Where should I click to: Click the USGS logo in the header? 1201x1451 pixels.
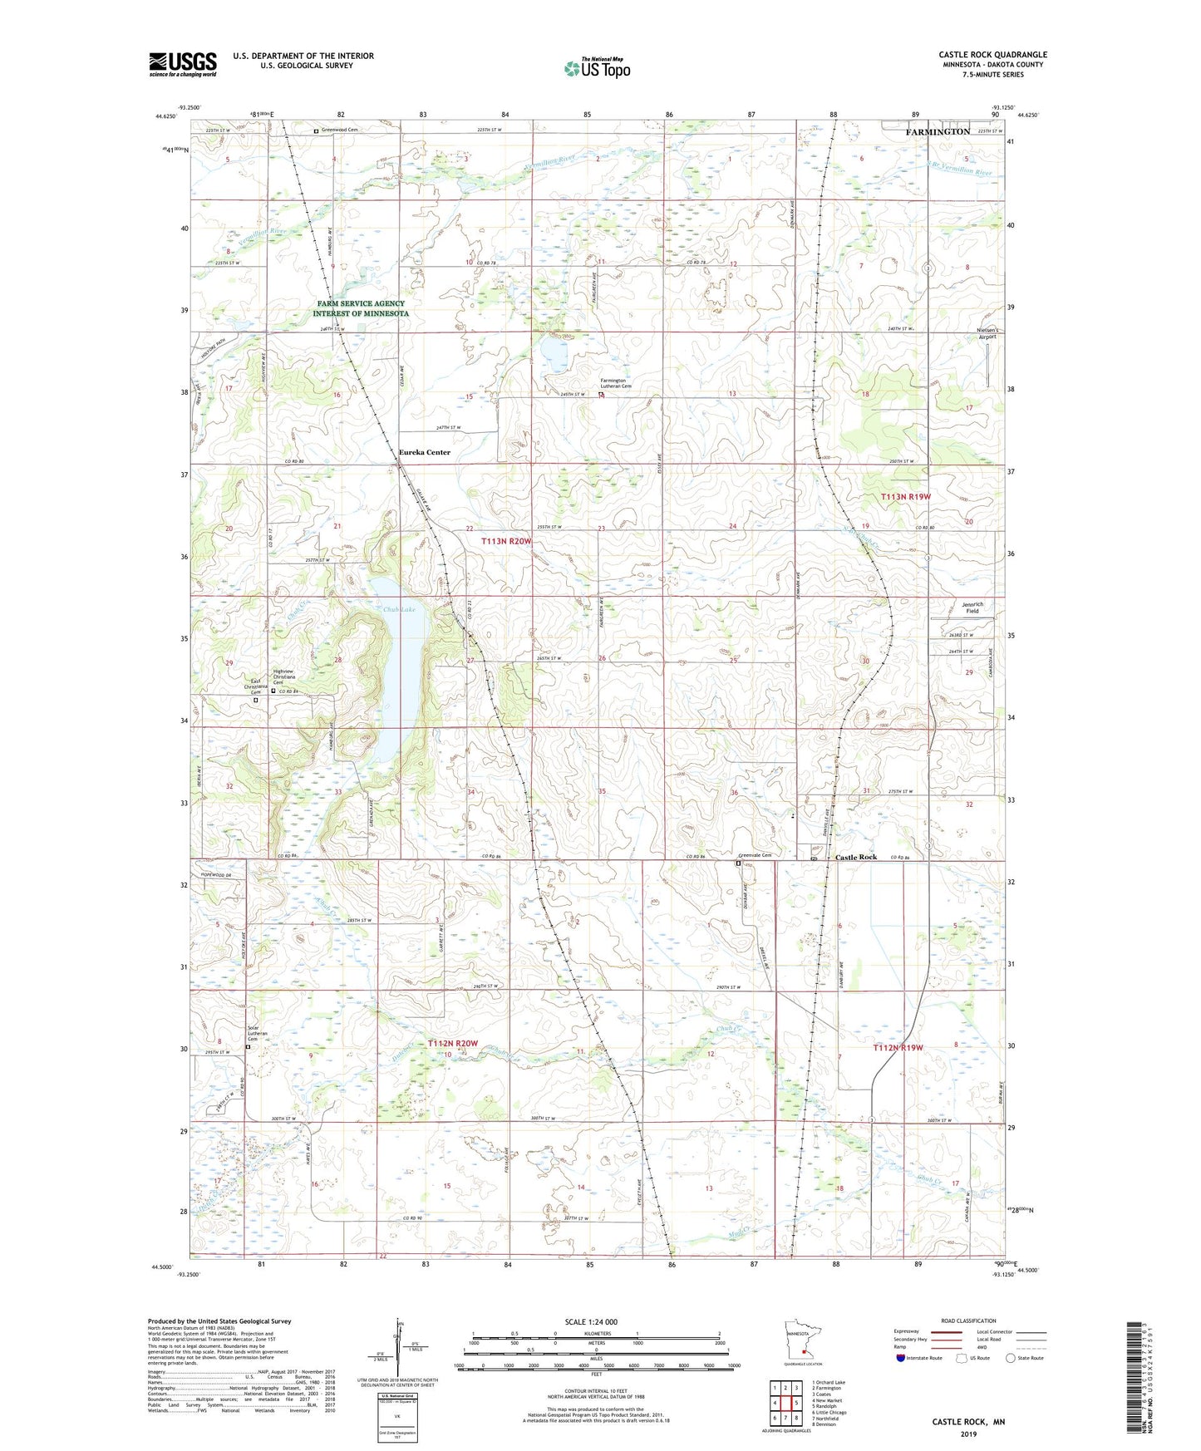pos(183,63)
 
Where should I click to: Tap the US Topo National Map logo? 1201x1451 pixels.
pos(597,68)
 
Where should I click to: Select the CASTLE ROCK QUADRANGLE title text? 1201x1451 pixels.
pos(992,55)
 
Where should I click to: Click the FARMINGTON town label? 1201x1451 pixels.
pos(938,132)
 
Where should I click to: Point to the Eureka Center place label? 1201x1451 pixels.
pos(425,453)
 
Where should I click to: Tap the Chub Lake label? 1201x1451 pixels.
pos(398,610)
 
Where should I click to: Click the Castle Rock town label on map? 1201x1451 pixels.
pos(856,857)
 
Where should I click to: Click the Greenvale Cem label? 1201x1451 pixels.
pos(755,855)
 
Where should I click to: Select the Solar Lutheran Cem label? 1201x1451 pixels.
pos(259,1033)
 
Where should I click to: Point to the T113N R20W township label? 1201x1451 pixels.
pos(505,541)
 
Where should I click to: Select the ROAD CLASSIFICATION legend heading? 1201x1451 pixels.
pos(967,1321)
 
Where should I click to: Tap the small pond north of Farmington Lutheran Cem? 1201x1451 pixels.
pos(554,353)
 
